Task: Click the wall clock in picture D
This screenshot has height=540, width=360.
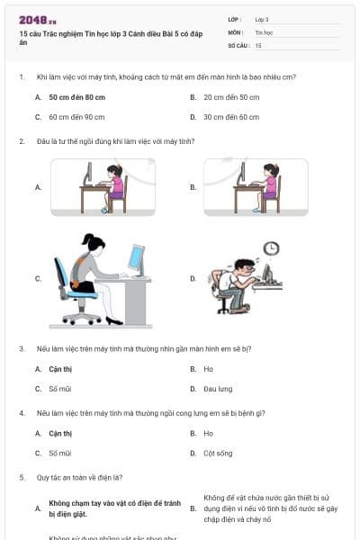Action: [271, 248]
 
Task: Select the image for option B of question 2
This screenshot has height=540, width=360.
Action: [256, 187]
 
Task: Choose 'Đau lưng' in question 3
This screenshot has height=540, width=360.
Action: [218, 389]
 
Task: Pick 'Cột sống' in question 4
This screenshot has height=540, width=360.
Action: [218, 454]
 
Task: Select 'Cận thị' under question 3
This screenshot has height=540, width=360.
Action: [60, 369]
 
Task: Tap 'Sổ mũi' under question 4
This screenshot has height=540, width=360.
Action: [60, 454]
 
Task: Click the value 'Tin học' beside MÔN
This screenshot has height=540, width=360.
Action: [264, 31]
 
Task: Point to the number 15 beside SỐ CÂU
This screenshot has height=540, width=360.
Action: [258, 44]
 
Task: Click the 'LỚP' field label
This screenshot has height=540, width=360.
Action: [235, 19]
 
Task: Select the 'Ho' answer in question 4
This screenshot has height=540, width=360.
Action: [208, 434]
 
